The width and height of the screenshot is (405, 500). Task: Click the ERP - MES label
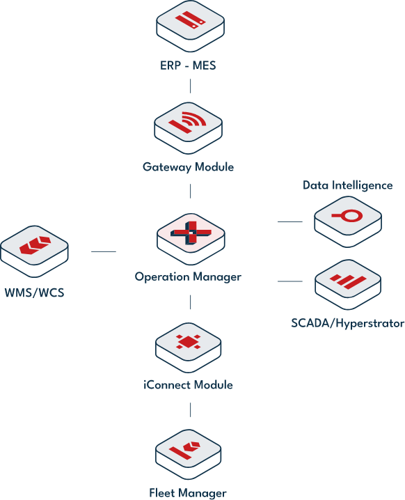point(188,65)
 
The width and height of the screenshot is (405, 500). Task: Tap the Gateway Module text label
point(189,167)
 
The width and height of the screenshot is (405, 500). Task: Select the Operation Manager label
point(188,276)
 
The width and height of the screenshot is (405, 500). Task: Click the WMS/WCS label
point(34,292)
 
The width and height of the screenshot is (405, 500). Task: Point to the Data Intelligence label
point(348,185)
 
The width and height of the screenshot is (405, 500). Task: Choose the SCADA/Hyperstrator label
point(348,323)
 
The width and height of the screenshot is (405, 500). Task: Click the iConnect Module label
point(188,385)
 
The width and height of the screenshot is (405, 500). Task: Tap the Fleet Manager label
point(188,493)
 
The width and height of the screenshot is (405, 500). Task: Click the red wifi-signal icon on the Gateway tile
point(188,122)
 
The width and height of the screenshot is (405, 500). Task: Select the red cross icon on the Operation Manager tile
point(191,233)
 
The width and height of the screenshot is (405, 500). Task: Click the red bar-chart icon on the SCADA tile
point(348,281)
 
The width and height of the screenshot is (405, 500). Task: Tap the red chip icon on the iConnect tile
point(189,342)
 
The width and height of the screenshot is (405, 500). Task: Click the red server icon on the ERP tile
point(190,19)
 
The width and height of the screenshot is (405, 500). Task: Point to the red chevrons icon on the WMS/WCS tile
point(35,245)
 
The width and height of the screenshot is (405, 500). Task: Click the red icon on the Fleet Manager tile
point(186,449)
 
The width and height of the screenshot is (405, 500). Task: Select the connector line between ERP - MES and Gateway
point(190,86)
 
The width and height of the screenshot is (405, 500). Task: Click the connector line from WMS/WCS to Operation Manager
point(104,251)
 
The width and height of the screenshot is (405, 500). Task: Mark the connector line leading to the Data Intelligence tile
point(290,221)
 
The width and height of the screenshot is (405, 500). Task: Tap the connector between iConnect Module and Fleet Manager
point(190,409)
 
